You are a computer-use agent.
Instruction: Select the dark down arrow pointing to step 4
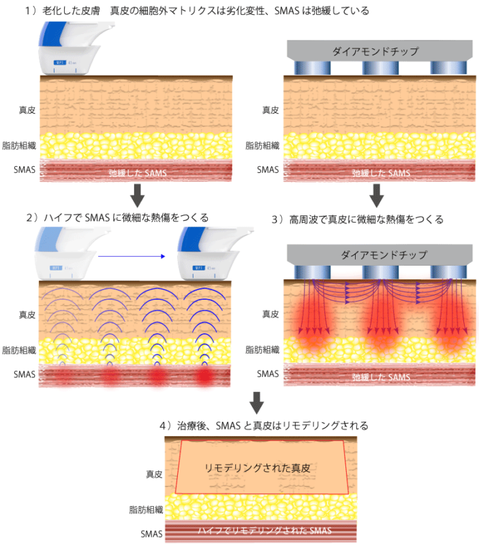pos(257,403)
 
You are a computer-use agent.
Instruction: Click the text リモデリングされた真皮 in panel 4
pos(262,468)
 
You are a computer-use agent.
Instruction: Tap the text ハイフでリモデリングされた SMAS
pos(262,530)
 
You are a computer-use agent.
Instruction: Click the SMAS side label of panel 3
pos(268,373)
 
